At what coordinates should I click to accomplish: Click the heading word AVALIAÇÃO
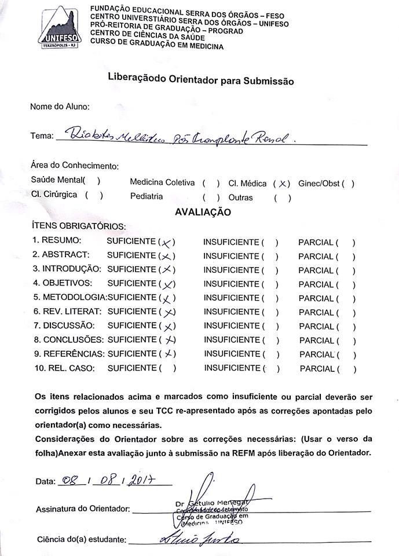tap(203, 213)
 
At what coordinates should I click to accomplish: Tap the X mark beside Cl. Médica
tap(282, 184)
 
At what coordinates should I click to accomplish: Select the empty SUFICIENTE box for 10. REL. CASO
tap(168, 368)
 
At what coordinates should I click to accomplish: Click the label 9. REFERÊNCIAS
tap(68, 353)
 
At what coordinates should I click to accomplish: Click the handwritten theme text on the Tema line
tap(180, 136)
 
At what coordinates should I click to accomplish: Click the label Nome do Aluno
tap(60, 107)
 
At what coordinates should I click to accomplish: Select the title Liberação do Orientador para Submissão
tap(200, 80)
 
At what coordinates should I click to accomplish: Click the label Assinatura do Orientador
tap(82, 509)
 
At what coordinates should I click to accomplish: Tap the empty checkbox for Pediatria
tap(211, 197)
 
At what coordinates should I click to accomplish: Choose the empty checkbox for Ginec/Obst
tap(348, 184)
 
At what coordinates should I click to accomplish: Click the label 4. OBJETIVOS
tap(62, 284)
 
